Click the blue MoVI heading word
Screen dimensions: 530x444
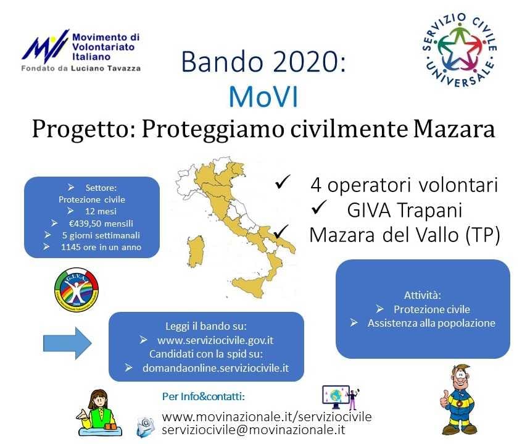(263, 97)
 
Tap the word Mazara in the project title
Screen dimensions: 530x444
(454, 129)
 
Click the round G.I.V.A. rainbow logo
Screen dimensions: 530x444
(77, 290)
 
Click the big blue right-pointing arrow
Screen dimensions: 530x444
(67, 343)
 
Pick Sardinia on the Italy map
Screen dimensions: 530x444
(196, 252)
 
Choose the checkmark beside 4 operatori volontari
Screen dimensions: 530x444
(283, 182)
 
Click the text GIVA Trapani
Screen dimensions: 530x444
(405, 210)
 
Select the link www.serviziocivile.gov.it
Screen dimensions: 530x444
(215, 340)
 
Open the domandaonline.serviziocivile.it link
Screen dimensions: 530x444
(216, 368)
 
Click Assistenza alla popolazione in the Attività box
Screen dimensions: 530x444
(431, 323)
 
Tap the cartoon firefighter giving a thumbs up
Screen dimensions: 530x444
(458, 400)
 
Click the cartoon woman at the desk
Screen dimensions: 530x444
(97, 413)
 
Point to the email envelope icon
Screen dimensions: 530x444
(146, 427)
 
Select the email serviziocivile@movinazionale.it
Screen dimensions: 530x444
(254, 429)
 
